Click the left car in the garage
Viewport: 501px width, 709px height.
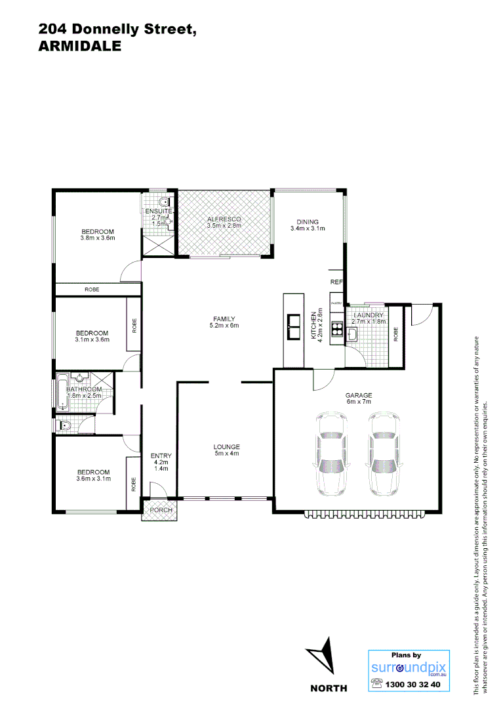[x=332, y=454]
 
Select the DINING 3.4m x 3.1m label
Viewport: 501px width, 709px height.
[x=308, y=225]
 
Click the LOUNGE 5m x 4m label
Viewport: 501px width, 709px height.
[x=226, y=450]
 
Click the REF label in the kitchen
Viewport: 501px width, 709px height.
[x=336, y=282]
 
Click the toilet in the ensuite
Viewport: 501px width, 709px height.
[x=165, y=202]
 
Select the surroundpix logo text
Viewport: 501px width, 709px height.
[x=409, y=668]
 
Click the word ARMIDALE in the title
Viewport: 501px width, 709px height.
[x=80, y=46]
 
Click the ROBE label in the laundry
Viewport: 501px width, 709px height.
[x=396, y=335]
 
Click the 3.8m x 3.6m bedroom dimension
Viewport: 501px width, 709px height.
[x=98, y=238]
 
